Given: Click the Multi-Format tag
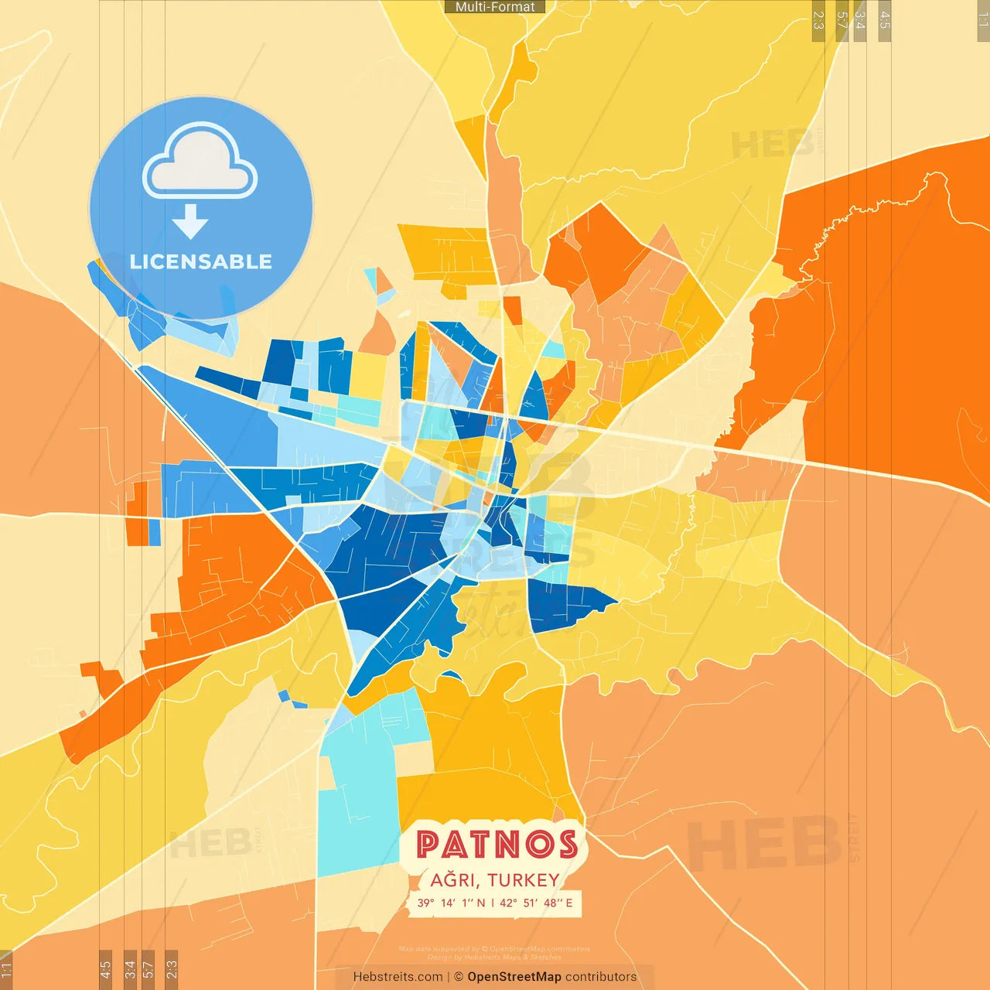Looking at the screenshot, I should (x=495, y=7).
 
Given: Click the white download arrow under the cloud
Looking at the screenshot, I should (x=190, y=222).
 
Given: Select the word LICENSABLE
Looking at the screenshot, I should (x=201, y=261).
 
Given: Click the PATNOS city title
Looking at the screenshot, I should (x=497, y=844).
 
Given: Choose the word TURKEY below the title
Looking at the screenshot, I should (x=524, y=880).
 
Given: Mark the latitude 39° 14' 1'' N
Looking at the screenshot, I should (x=452, y=903).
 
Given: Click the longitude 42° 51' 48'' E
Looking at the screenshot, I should (x=536, y=903).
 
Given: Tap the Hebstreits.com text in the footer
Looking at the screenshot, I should (x=398, y=977).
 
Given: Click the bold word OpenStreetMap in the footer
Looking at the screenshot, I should (x=514, y=977).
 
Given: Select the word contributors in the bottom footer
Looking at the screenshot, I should (x=601, y=977).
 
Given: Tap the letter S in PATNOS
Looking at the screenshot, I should (x=568, y=845).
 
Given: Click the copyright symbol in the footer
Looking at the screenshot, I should (x=459, y=977).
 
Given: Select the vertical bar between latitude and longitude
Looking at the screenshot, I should (x=493, y=903).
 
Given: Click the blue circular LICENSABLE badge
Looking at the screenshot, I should (x=201, y=207).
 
